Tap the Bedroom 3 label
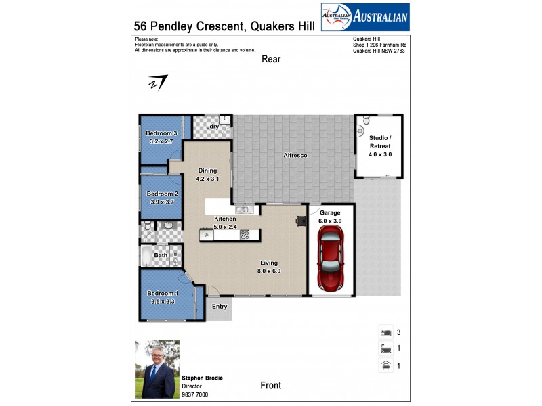coord(161,133)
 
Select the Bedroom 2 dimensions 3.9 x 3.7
coord(161,202)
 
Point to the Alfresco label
coord(295,156)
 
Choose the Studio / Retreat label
coord(380,142)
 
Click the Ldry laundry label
coord(212,127)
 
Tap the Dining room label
coord(207,171)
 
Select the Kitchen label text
coord(225,219)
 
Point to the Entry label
coord(220,307)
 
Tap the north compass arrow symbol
coord(158,82)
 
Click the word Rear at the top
coord(271,60)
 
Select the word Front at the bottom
coord(271,386)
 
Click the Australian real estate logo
coord(364,16)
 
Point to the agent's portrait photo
coord(157,369)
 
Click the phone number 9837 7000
coord(194,394)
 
